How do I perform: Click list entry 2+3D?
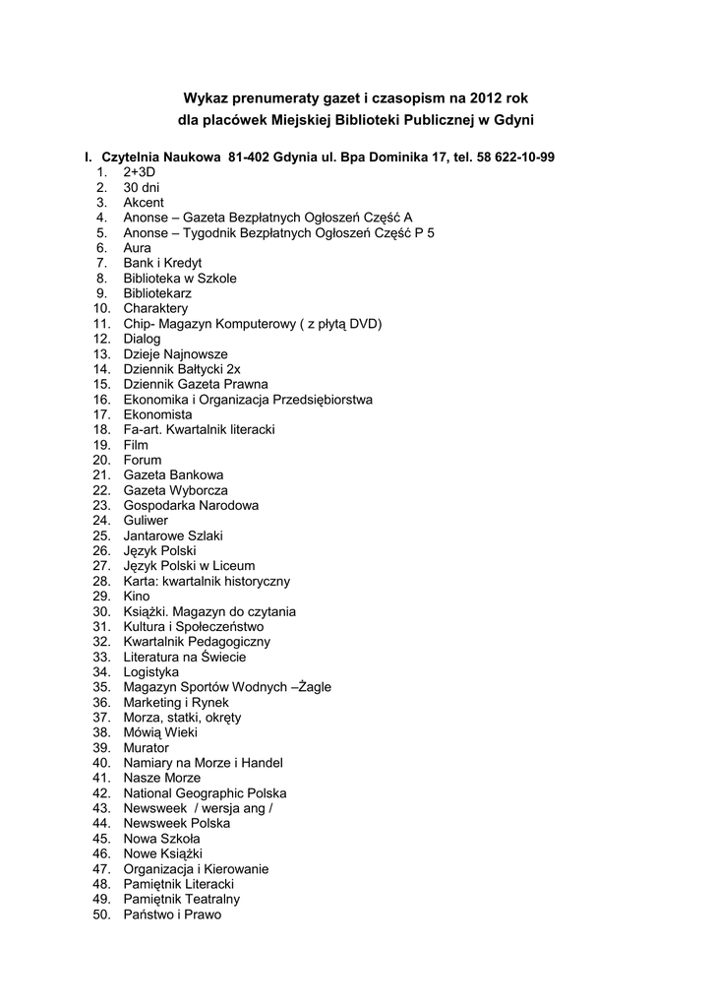[x=140, y=172]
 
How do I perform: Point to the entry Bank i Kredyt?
[x=162, y=263]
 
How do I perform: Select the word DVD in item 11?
[x=363, y=324]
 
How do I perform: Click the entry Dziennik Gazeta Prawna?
[x=196, y=384]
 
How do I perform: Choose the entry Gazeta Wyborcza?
[x=175, y=490]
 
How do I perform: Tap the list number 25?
[x=101, y=535]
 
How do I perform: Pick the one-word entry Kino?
[x=137, y=597]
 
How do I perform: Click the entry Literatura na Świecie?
[x=185, y=657]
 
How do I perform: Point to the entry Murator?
[x=147, y=748]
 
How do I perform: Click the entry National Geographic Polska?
[x=205, y=793]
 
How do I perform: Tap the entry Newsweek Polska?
[x=177, y=823]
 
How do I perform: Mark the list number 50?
[x=101, y=914]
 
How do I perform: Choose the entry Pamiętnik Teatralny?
[x=182, y=899]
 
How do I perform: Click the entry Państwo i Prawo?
[x=172, y=914]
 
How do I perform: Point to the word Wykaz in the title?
[x=205, y=98]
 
